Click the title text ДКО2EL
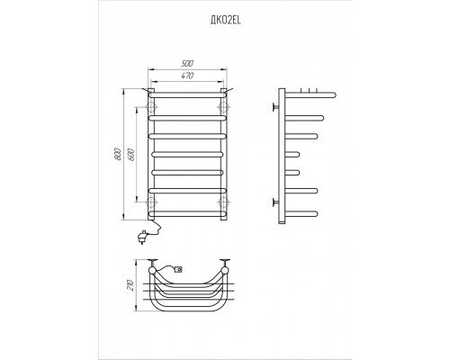click(225, 21)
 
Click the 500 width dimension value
click(187, 64)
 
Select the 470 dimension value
click(187, 76)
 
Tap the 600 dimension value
click(131, 154)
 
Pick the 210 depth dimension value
click(130, 285)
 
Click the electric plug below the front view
click(141, 237)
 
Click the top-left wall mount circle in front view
click(151, 107)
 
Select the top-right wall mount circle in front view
click(223, 107)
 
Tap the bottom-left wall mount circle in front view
click(151, 202)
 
